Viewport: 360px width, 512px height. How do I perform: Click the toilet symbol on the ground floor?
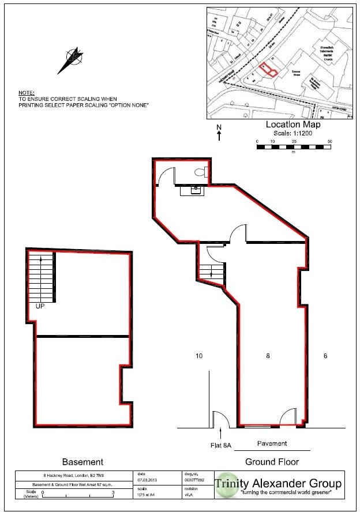[200, 171]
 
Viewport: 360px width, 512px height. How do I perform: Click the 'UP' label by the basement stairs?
[40, 306]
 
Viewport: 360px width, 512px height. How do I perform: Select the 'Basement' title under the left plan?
[82, 462]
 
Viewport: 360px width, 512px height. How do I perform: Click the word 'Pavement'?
[272, 443]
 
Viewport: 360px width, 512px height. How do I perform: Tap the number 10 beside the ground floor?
[198, 356]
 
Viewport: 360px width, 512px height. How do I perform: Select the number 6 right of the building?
[325, 356]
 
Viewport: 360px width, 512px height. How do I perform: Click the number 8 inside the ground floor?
[268, 356]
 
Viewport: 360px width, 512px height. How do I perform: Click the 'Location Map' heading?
[292, 124]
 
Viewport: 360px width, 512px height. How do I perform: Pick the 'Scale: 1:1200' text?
[292, 132]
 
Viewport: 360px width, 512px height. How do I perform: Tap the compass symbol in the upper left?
[71, 58]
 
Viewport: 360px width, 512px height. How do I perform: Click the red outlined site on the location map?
[269, 70]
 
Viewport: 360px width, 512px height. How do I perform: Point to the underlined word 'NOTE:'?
[26, 93]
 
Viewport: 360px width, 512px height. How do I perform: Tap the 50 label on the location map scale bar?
[329, 141]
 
